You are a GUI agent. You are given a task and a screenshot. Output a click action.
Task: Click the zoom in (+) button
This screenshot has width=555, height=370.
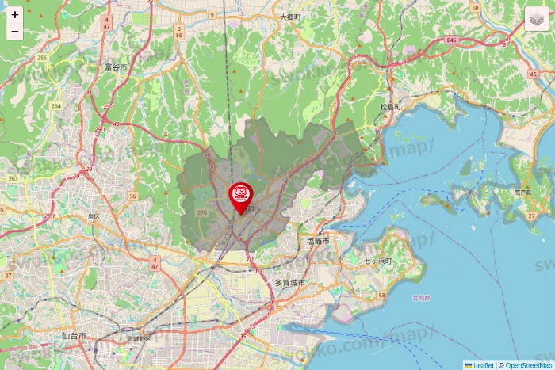[x=15, y=15]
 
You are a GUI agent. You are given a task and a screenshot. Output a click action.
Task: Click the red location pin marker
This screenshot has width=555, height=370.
[x=240, y=196]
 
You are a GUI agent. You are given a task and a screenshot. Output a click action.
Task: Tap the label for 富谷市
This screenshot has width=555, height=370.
[x=116, y=68]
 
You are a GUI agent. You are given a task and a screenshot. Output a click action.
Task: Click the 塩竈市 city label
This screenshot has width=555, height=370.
[x=317, y=239]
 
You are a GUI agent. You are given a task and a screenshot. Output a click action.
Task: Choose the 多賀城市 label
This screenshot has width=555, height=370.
[x=289, y=282]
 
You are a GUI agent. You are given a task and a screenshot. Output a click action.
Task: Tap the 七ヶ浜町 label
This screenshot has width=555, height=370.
[x=379, y=261]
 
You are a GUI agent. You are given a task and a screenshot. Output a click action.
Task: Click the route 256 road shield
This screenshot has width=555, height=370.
[x=42, y=58]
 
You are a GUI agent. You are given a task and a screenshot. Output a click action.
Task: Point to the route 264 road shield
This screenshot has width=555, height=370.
[x=55, y=105]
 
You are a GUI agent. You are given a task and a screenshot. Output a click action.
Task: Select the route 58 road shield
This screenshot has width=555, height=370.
[x=381, y=296]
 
